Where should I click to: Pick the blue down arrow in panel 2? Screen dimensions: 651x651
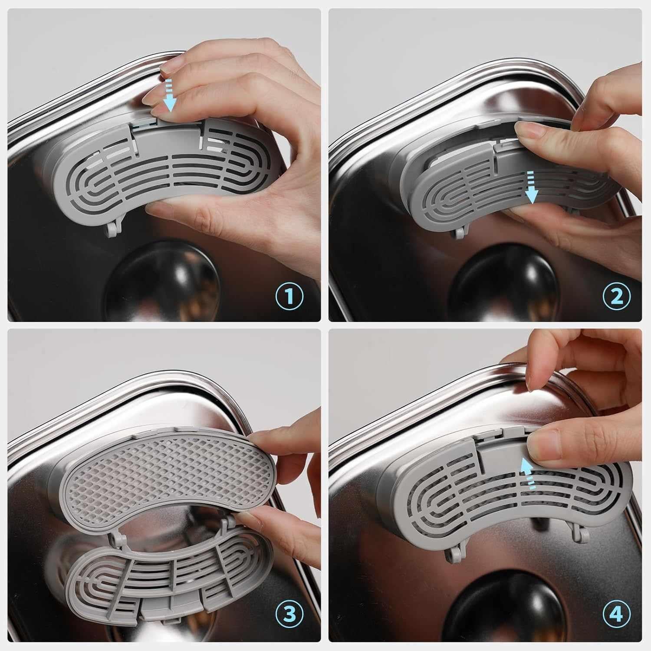click(x=531, y=187)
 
